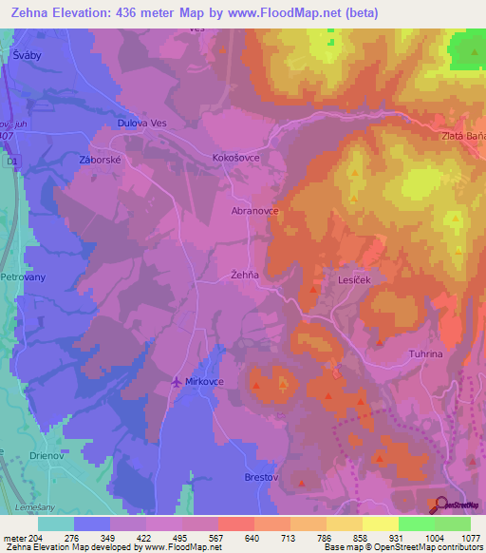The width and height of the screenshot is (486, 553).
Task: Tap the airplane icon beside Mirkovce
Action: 175,382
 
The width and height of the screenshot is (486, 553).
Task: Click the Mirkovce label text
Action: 205,383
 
